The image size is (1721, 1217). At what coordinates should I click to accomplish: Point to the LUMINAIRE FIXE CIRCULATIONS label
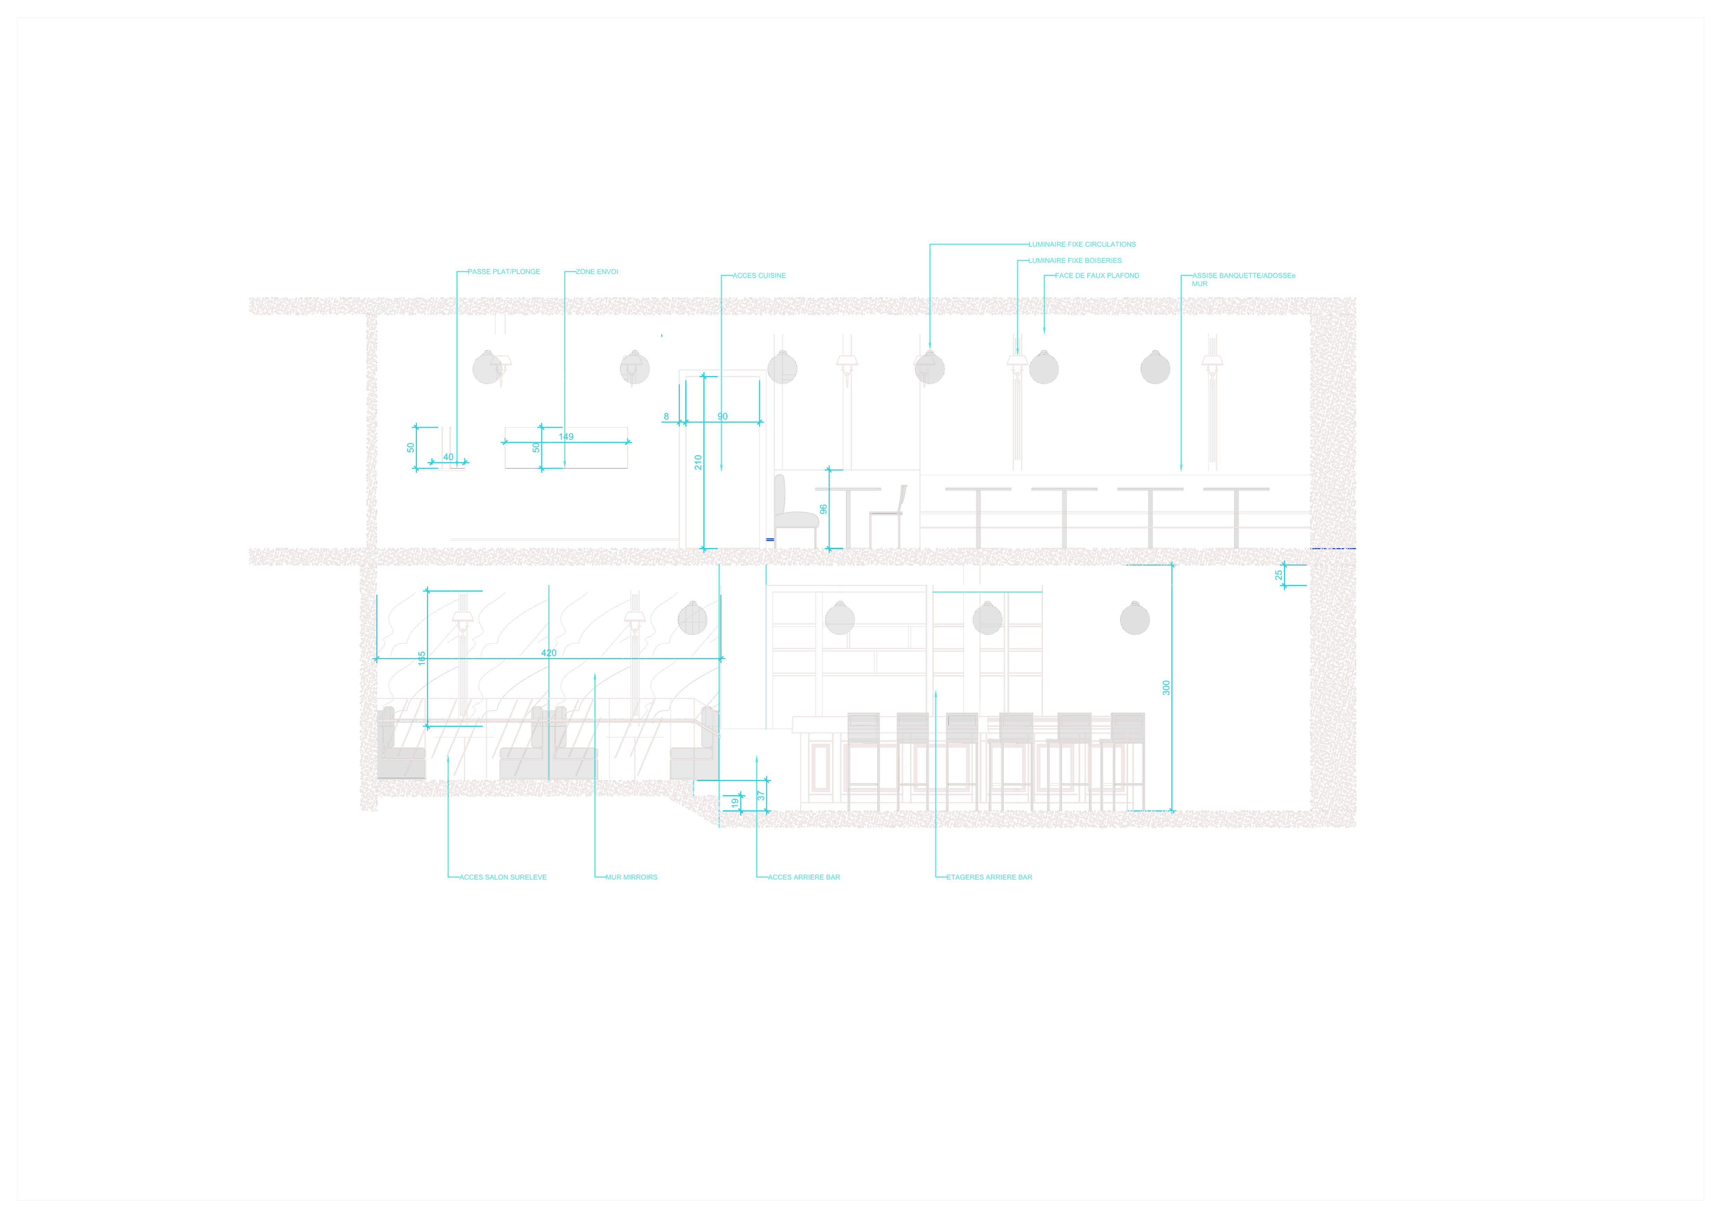1082,245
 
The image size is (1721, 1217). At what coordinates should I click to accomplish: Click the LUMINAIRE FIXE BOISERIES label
1075,260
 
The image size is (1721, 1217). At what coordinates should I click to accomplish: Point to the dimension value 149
566,436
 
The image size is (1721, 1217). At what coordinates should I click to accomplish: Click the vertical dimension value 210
698,462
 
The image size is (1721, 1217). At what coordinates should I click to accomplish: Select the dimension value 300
1166,688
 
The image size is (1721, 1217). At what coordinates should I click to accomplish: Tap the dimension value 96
823,509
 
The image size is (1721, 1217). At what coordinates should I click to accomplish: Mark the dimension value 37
761,795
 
